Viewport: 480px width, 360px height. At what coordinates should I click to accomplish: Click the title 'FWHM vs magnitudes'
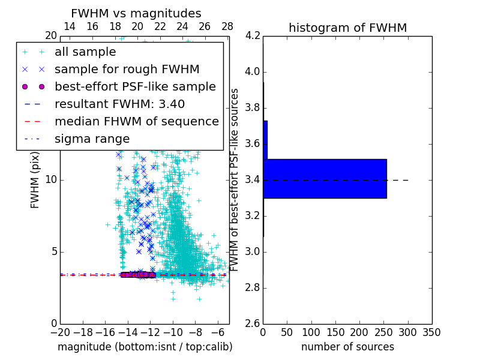tap(136, 13)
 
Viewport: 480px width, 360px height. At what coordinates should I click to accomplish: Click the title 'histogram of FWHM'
tap(347, 28)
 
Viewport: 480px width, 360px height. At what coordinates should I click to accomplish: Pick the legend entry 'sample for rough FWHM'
tap(127, 69)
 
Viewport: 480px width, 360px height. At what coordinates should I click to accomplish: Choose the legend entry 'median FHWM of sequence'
tap(137, 121)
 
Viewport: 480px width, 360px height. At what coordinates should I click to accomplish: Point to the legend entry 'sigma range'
tap(92, 139)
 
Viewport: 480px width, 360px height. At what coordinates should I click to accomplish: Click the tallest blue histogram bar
tap(325, 178)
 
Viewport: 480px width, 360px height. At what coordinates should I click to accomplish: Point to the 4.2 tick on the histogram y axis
tap(253, 36)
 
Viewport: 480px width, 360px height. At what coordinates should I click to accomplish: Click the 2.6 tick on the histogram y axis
tap(253, 324)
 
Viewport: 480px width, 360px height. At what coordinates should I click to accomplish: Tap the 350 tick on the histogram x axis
tap(431, 332)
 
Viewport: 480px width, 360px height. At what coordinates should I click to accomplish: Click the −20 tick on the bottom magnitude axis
tap(60, 332)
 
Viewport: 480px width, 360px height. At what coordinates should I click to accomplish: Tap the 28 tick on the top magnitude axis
tap(227, 27)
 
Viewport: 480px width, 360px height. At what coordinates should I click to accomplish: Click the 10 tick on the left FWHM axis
tap(51, 180)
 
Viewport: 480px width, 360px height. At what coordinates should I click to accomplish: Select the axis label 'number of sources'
tap(347, 347)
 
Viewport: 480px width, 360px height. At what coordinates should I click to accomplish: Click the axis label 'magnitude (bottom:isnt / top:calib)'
tap(145, 347)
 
